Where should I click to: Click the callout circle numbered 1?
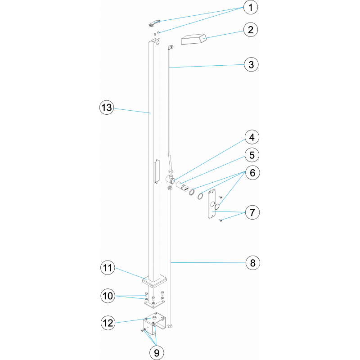click(x=251, y=7)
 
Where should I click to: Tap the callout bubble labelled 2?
click(x=251, y=30)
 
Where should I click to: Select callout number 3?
click(x=251, y=64)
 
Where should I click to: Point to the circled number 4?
click(x=252, y=137)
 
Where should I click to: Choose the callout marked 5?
click(x=252, y=155)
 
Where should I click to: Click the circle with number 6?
click(x=252, y=173)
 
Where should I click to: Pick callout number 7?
click(x=252, y=212)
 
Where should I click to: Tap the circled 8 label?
click(x=252, y=263)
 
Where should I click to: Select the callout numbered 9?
click(x=157, y=352)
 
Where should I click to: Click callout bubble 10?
click(x=108, y=296)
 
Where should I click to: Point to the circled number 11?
click(x=108, y=268)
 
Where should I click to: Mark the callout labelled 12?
click(x=108, y=323)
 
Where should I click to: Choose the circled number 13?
click(x=107, y=108)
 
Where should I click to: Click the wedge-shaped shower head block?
click(x=194, y=39)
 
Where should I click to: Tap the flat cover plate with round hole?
click(x=212, y=204)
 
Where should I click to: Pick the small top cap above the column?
click(x=154, y=23)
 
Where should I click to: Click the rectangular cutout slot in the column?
click(x=157, y=171)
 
